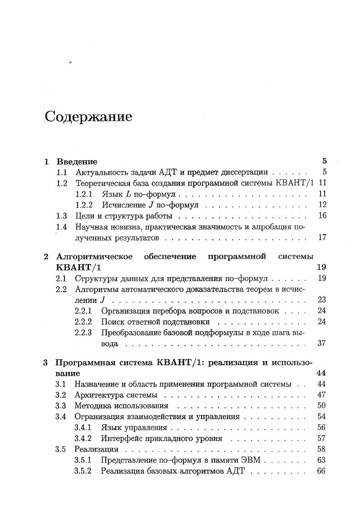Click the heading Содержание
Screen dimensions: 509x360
[x=88, y=117]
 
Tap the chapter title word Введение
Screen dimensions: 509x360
[x=77, y=162]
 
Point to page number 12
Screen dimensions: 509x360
[x=322, y=205]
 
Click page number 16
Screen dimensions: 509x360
[x=322, y=216]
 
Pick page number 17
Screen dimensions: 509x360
[x=322, y=237]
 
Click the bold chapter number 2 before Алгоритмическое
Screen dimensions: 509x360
[x=46, y=257]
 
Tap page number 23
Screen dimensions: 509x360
[x=322, y=300]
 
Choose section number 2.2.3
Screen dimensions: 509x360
[x=83, y=333]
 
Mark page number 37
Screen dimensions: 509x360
[x=322, y=343]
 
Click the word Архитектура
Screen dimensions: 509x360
[x=97, y=395]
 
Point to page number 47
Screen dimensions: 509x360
[x=322, y=395]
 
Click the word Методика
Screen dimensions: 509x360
[x=93, y=406]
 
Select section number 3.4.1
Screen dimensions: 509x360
[x=83, y=428]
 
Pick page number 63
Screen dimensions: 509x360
[x=322, y=460]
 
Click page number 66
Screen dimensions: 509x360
[x=322, y=471]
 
